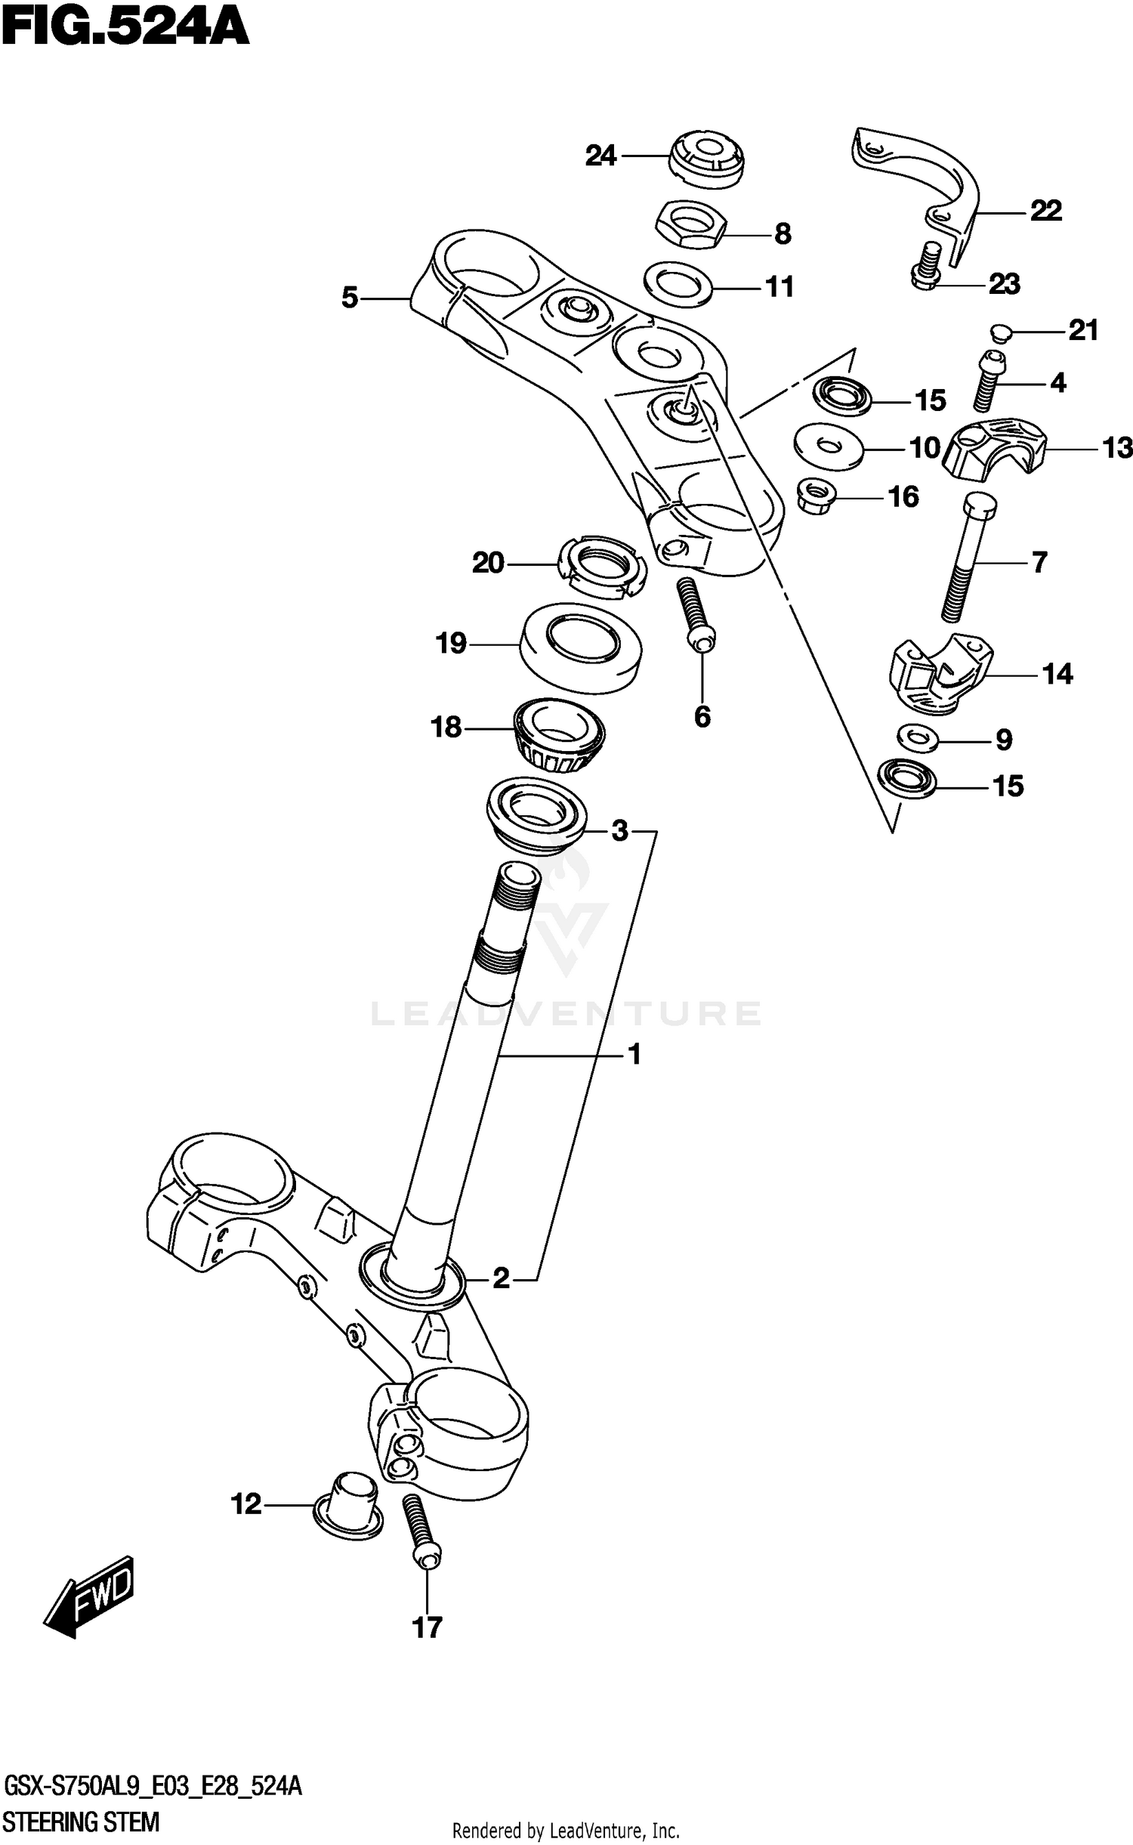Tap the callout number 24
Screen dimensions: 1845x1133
(601, 156)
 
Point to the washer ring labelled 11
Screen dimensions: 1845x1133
(678, 285)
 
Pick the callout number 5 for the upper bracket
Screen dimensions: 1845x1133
(349, 298)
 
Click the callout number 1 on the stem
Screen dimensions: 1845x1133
(634, 1053)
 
